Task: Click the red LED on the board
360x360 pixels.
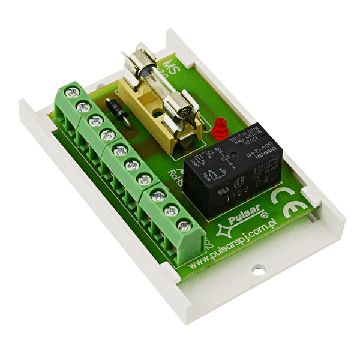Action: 220,127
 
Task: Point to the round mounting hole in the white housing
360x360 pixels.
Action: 257,271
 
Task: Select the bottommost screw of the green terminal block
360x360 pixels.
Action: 185,226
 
